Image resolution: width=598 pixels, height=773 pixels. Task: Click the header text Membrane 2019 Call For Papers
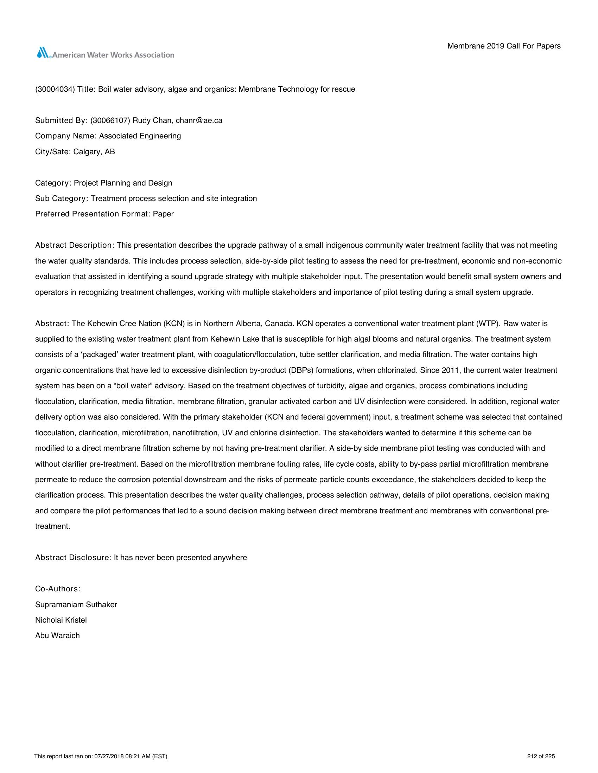504,46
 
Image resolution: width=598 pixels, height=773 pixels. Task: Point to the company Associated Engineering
140,136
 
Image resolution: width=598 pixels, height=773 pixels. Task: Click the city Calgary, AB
94,152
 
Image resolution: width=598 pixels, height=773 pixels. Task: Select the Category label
53,183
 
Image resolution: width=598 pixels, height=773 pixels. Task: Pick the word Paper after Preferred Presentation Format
163,214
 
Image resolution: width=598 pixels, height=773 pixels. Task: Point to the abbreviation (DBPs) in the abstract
301,370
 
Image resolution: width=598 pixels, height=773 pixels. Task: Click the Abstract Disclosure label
73,558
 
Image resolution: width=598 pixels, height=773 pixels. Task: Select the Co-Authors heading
58,589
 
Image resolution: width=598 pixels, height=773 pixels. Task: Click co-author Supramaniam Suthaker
76,605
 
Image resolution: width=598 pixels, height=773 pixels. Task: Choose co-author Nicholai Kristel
61,620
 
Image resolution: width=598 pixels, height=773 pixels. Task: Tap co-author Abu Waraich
57,636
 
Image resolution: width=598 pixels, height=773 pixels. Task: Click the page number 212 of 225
541,757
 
